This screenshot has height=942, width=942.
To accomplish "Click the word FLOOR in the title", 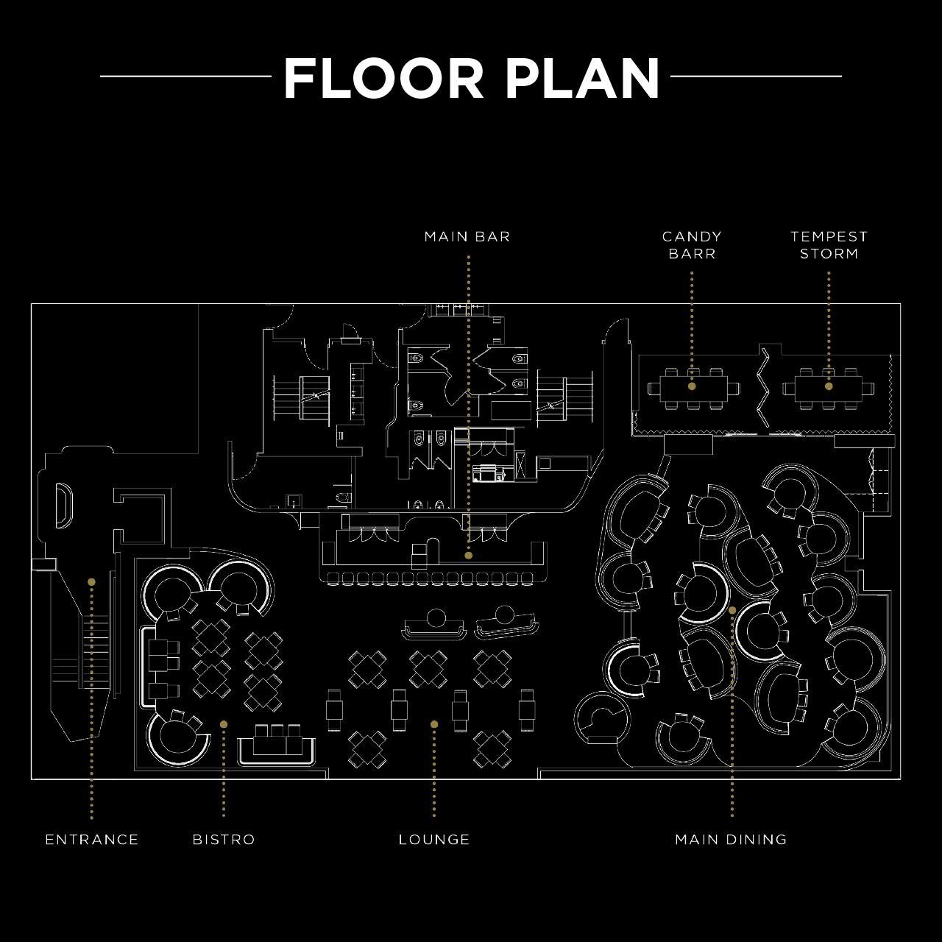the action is [x=383, y=78].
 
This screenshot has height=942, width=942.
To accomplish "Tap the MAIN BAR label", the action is [x=467, y=237].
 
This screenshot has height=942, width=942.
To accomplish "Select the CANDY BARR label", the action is [x=692, y=245].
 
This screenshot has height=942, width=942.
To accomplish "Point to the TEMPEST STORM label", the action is [x=829, y=245].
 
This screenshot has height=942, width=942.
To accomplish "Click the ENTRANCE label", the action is [x=92, y=840].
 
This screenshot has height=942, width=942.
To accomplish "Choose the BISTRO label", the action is [x=224, y=840].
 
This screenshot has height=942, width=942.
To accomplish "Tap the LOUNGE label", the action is [x=434, y=840].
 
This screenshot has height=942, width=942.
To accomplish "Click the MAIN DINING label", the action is [x=732, y=840].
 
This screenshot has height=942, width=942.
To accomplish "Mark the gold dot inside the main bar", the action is [x=468, y=556].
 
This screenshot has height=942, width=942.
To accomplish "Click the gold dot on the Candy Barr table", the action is [x=692, y=386].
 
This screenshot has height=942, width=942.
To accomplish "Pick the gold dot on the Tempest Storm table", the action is [x=829, y=386].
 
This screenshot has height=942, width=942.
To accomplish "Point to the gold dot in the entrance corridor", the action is [x=91, y=581].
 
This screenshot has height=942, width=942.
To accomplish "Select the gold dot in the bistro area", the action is [x=224, y=724].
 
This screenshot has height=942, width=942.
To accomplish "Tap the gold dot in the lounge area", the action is [x=434, y=724].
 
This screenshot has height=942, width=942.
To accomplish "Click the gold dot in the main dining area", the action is [x=732, y=610].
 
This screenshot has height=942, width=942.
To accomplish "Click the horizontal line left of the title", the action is [x=185, y=77].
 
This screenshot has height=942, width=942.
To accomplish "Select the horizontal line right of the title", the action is [x=756, y=77].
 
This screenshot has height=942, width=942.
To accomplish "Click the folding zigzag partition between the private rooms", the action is [x=763, y=387].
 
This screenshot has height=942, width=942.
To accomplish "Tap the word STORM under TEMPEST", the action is [x=829, y=254].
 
